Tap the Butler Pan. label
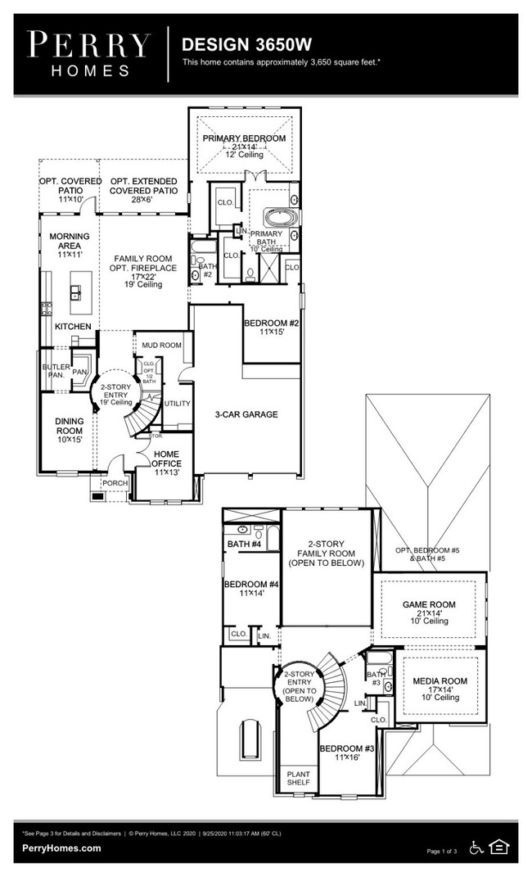click(56, 371)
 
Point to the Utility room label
click(177, 404)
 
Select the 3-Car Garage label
click(246, 414)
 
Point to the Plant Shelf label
click(297, 777)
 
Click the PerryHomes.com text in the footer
click(62, 849)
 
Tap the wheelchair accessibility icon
click(476, 848)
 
